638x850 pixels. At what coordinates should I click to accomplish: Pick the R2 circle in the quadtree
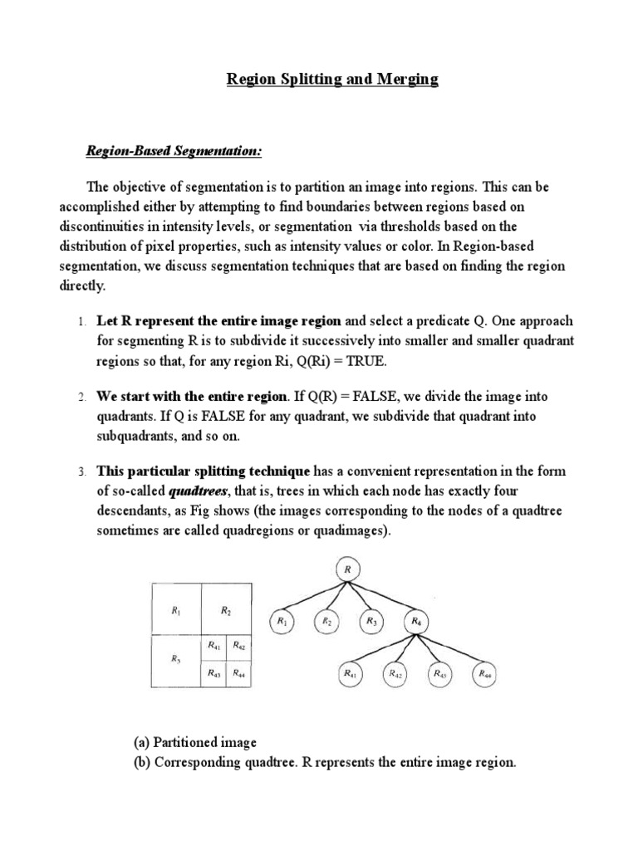[x=326, y=622]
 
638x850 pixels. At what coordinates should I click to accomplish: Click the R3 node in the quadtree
[x=371, y=622]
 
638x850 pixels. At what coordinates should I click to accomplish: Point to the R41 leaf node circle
[x=350, y=675]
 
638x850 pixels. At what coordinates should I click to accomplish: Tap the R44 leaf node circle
[x=485, y=675]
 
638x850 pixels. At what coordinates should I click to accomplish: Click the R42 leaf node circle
[x=395, y=675]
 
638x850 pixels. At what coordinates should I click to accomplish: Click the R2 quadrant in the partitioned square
[x=226, y=610]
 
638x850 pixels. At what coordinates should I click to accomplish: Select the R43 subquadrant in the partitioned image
[x=213, y=673]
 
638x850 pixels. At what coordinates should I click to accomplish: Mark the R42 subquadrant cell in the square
[x=238, y=645]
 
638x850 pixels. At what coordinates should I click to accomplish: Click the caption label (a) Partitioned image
[x=195, y=741]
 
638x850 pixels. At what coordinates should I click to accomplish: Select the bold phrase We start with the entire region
[x=193, y=397]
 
